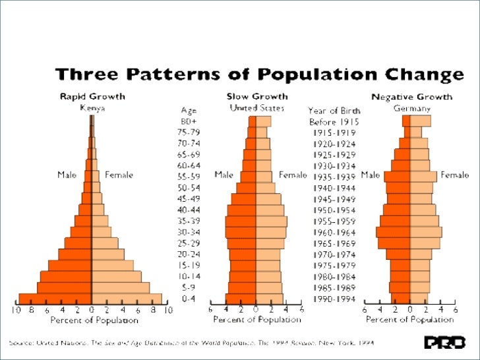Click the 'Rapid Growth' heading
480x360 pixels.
92,96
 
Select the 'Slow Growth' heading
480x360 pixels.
256,96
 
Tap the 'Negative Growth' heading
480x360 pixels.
411,96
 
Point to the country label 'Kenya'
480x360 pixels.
92,107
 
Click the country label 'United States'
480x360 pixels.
256,107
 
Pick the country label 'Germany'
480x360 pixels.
412,107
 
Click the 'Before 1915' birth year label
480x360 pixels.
333,121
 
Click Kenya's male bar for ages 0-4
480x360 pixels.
55,299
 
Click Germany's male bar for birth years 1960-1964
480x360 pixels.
393,232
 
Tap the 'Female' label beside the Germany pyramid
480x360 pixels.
454,175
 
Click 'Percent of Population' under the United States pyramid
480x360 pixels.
256,320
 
